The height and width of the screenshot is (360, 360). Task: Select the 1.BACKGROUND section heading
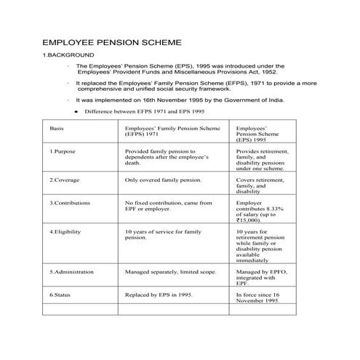(68, 55)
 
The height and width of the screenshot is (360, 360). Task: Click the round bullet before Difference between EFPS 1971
(76, 113)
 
